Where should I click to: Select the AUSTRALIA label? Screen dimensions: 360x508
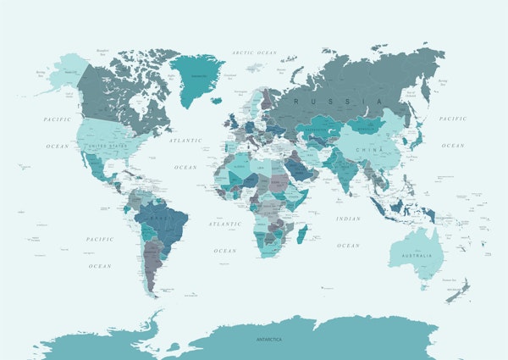pyautogui.click(x=415, y=256)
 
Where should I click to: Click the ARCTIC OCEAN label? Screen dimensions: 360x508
pyautogui.click(x=255, y=53)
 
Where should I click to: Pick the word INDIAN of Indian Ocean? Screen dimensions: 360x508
pyautogui.click(x=347, y=219)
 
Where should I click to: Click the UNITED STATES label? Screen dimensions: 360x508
pyautogui.click(x=108, y=145)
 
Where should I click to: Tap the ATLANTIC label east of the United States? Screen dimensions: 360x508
pyautogui.click(x=185, y=140)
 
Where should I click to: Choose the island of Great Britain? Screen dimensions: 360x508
pyautogui.click(x=231, y=120)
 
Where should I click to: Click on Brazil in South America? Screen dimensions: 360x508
pyautogui.click(x=165, y=222)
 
